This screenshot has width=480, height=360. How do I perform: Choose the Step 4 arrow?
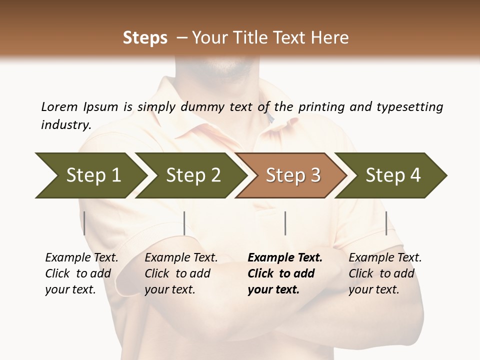[392, 175]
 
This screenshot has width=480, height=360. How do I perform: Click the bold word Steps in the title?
[145, 38]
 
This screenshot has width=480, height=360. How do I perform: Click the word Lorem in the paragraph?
[59, 106]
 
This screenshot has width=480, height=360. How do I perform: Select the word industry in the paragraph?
[65, 125]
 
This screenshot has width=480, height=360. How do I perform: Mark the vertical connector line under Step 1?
[84, 223]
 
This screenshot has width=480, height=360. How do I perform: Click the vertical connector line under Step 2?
[184, 223]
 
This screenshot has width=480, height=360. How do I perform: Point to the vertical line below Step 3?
[285, 223]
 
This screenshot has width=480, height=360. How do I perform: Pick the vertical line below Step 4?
[386, 223]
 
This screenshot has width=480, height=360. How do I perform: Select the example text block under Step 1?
[81, 273]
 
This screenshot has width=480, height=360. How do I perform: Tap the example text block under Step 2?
[181, 273]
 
